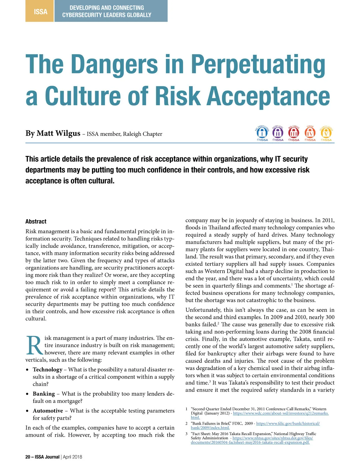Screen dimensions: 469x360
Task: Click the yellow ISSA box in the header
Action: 40,11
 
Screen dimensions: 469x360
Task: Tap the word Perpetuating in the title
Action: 258,64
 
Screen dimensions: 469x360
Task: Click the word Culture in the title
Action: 82,96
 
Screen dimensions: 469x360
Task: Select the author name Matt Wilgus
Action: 58,133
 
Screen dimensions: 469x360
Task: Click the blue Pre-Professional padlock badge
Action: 262,133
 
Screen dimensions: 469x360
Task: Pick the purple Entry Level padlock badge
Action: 278,133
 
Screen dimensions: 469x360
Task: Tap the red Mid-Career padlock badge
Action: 294,133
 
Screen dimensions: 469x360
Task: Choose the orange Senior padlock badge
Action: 310,133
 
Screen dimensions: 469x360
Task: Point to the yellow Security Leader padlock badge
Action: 326,133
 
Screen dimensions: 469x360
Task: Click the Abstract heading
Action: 36,222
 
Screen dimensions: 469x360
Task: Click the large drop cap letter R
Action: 34,345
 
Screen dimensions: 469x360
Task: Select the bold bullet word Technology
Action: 47,370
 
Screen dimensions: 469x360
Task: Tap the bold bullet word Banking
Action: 44,394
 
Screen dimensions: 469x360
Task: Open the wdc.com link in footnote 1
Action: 280,413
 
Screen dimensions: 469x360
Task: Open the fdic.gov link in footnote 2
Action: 288,423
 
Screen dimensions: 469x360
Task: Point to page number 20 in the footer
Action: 28,457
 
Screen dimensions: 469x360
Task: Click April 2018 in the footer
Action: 72,457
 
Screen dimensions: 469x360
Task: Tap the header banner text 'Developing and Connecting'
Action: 106,8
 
